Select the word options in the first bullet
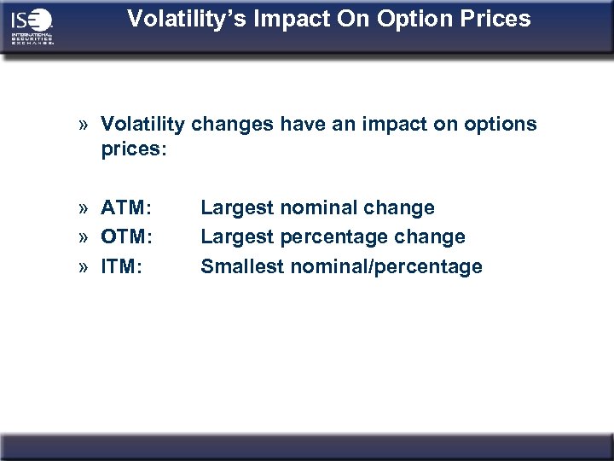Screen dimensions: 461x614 coord(501,125)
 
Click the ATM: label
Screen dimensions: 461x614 coord(126,207)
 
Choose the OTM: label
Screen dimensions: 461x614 coord(127,236)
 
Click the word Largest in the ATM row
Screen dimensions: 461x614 coord(236,207)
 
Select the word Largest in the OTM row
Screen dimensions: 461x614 coord(236,236)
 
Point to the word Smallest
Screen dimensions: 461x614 coord(242,266)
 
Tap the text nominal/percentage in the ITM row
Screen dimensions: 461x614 coord(386,266)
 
